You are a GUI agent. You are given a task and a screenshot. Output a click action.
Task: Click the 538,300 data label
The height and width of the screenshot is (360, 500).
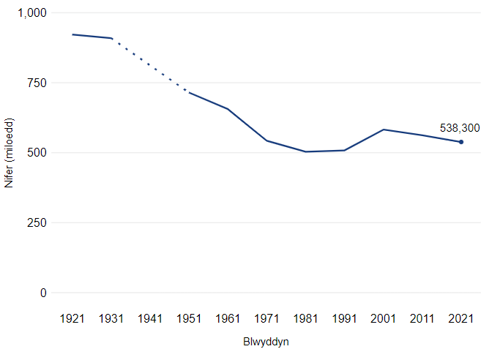click(459, 128)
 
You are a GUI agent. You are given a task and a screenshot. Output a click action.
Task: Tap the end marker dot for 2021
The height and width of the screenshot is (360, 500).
click(461, 142)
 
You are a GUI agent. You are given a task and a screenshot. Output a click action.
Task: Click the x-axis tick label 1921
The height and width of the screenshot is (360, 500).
click(72, 318)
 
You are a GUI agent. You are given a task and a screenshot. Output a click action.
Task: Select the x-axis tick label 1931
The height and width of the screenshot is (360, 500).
click(111, 318)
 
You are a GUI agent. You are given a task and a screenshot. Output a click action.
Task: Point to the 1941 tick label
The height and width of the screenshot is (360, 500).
click(150, 318)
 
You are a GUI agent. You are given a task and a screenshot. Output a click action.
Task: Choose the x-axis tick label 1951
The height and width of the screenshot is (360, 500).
click(189, 318)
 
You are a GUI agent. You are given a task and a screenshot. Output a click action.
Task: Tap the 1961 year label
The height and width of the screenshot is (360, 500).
click(228, 318)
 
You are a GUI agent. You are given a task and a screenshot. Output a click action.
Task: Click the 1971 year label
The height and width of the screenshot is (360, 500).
click(266, 318)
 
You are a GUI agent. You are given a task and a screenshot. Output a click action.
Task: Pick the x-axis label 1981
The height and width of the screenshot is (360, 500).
click(305, 318)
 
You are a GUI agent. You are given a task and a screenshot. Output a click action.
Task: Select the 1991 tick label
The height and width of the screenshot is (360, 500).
click(344, 318)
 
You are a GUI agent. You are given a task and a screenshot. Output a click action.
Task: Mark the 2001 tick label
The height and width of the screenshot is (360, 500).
click(384, 318)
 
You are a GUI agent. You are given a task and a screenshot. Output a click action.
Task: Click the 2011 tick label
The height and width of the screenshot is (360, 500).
click(422, 318)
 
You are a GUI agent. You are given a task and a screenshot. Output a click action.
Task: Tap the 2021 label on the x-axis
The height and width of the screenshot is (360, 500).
click(461, 318)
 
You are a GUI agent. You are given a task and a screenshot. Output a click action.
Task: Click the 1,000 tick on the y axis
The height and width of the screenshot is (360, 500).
click(31, 13)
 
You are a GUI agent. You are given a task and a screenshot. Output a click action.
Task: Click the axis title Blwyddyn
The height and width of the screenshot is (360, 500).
click(266, 342)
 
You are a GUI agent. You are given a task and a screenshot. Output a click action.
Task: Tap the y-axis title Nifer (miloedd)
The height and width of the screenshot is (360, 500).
click(10, 152)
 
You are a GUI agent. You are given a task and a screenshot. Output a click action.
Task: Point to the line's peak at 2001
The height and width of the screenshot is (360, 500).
click(384, 130)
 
